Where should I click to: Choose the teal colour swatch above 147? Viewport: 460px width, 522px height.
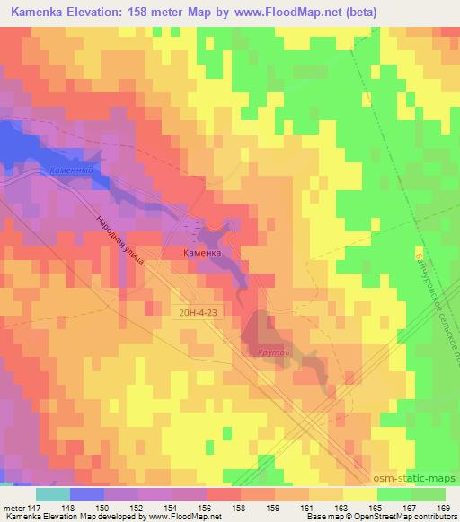[52, 494]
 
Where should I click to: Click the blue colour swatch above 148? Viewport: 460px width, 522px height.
[87, 494]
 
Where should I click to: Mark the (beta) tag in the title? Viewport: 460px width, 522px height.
[357, 10]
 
